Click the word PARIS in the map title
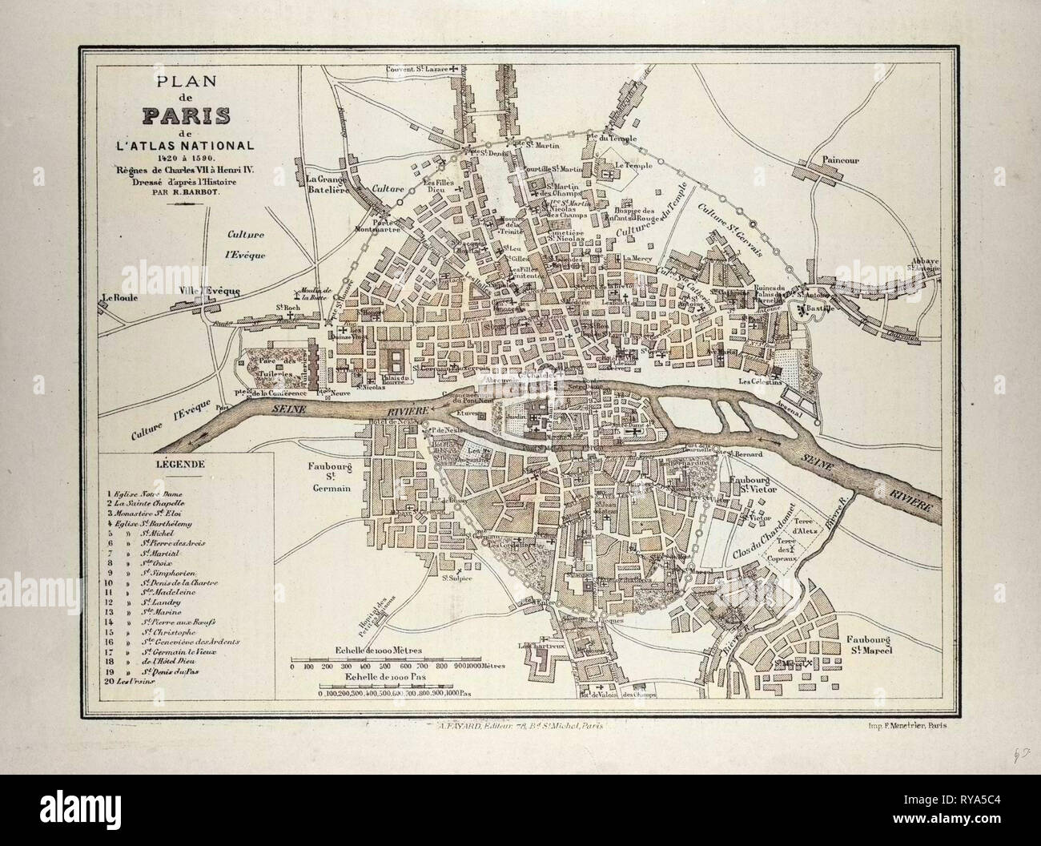click(x=188, y=116)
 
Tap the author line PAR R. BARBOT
click(x=187, y=191)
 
